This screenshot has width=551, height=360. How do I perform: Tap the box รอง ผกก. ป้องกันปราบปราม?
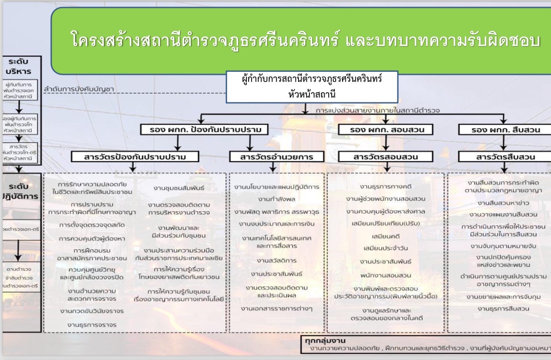click(x=204, y=129)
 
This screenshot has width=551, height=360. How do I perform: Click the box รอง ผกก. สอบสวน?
click(x=385, y=129)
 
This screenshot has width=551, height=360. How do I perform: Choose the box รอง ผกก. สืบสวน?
click(x=504, y=129)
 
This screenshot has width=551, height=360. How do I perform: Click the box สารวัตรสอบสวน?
click(x=385, y=157)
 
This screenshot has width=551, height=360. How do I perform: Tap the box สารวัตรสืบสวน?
click(x=504, y=157)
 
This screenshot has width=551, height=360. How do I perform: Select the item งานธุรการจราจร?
click(x=91, y=325)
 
